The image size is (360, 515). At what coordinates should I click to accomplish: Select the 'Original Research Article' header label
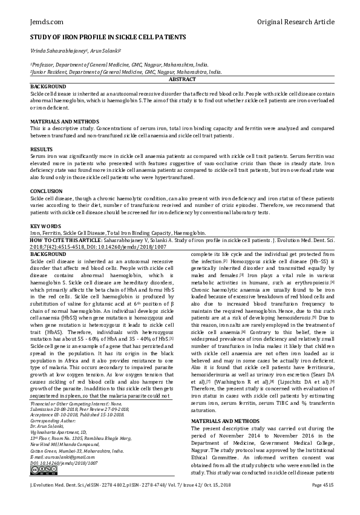point(295,21)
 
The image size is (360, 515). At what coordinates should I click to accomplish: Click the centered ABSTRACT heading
point(182,80)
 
